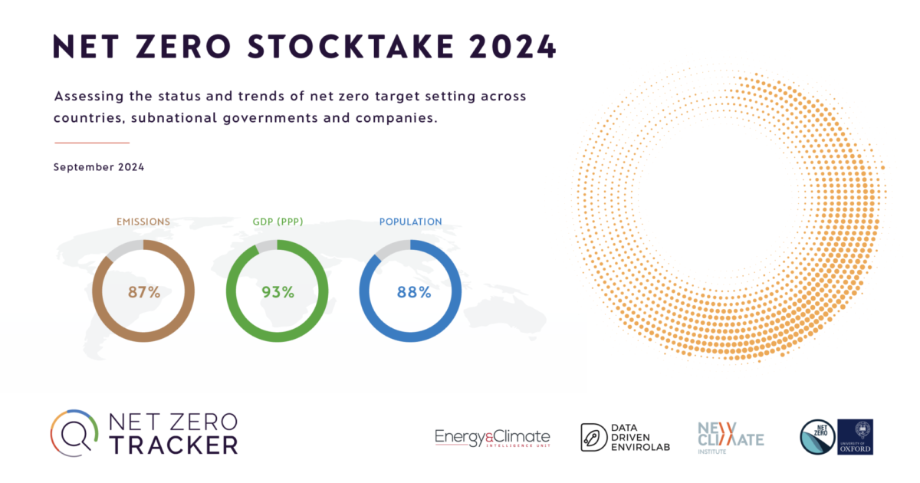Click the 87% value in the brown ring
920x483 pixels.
click(143, 292)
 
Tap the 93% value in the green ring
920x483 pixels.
click(278, 292)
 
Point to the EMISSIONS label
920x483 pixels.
click(143, 222)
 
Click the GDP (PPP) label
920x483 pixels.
click(278, 222)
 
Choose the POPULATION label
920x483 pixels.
click(411, 222)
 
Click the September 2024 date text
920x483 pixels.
click(99, 167)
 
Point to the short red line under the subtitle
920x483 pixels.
click(92, 143)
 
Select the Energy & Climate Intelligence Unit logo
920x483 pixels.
click(492, 438)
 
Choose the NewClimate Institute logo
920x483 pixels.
click(730, 437)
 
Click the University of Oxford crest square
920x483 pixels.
click(856, 436)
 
